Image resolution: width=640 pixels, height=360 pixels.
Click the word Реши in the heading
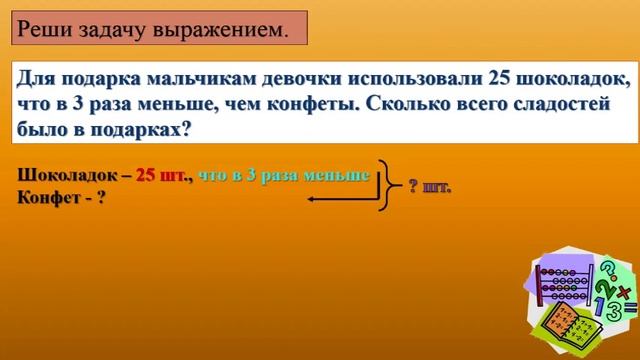(46, 29)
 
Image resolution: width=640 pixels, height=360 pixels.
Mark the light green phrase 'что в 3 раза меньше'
(285, 175)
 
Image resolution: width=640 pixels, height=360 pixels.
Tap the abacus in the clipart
(564, 284)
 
